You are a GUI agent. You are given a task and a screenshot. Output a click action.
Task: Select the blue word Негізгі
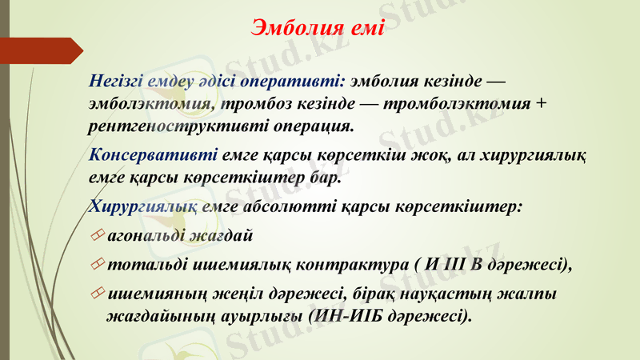click(x=119, y=82)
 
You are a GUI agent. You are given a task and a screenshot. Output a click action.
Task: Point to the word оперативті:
click(x=298, y=82)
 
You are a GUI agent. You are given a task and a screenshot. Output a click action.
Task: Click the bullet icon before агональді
click(x=98, y=236)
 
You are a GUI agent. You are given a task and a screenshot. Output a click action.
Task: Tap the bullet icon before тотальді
click(x=98, y=265)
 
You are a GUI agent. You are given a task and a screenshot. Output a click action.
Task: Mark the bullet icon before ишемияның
click(x=98, y=294)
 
